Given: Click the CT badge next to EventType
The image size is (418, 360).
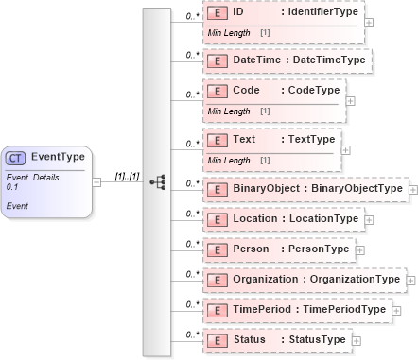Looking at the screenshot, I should [x=17, y=158].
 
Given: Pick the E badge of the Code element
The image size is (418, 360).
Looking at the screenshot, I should [x=217, y=91].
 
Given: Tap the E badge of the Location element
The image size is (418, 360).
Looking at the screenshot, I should [x=217, y=219].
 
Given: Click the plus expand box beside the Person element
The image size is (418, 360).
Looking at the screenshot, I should [x=359, y=251].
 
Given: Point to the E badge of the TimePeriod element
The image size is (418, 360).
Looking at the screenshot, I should [x=217, y=309].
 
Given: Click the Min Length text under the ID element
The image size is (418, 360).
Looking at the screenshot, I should [x=227, y=33].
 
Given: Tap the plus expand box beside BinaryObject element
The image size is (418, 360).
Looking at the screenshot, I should [x=413, y=190].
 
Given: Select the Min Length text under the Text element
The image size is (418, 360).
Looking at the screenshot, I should [x=227, y=161].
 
